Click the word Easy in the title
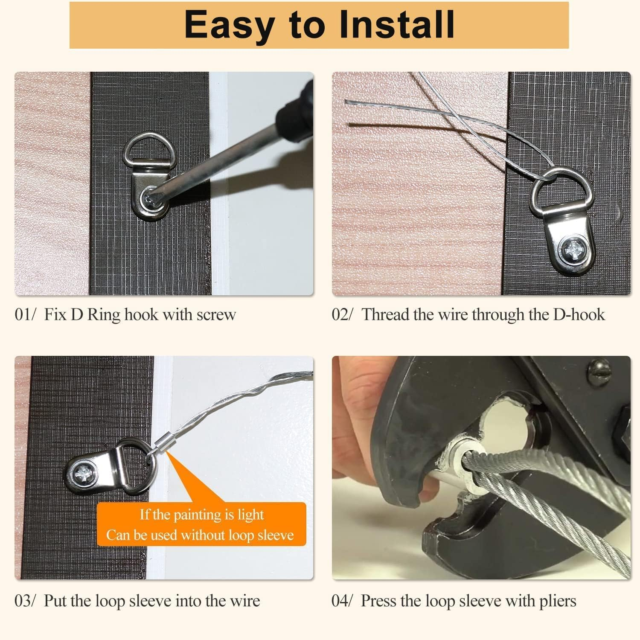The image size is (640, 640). (x=229, y=24)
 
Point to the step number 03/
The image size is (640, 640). (x=25, y=601)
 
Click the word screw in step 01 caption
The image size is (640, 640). (x=216, y=315)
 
